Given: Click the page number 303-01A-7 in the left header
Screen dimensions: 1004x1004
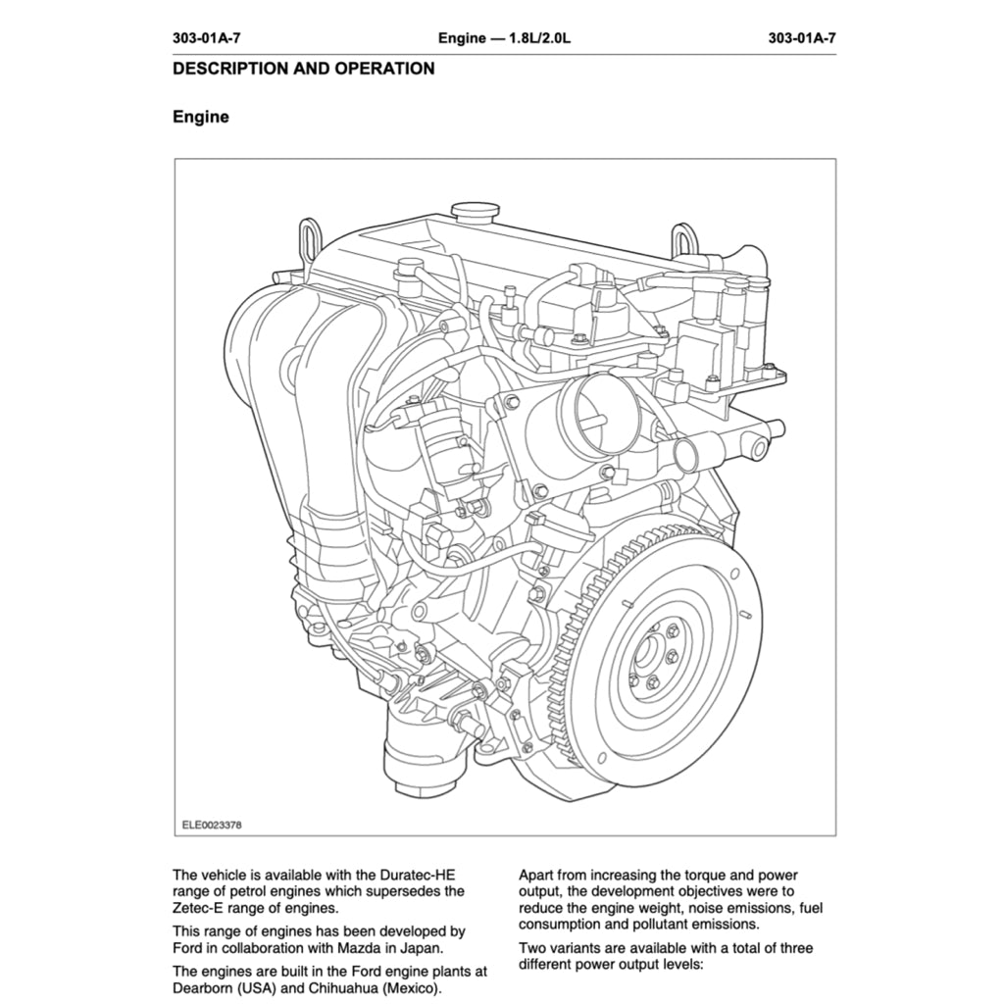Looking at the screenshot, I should point(206,38).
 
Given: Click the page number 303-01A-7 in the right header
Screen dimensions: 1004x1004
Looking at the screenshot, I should point(802,38).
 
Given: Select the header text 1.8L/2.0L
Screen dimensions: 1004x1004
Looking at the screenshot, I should point(537,38).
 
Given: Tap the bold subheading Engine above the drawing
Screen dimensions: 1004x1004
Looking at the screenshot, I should point(201,117).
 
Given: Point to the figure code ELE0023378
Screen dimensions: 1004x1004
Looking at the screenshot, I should point(212,825).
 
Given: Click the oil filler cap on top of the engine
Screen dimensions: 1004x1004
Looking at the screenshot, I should point(476,212).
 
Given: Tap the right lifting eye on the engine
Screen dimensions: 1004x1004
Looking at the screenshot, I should point(683,239).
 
